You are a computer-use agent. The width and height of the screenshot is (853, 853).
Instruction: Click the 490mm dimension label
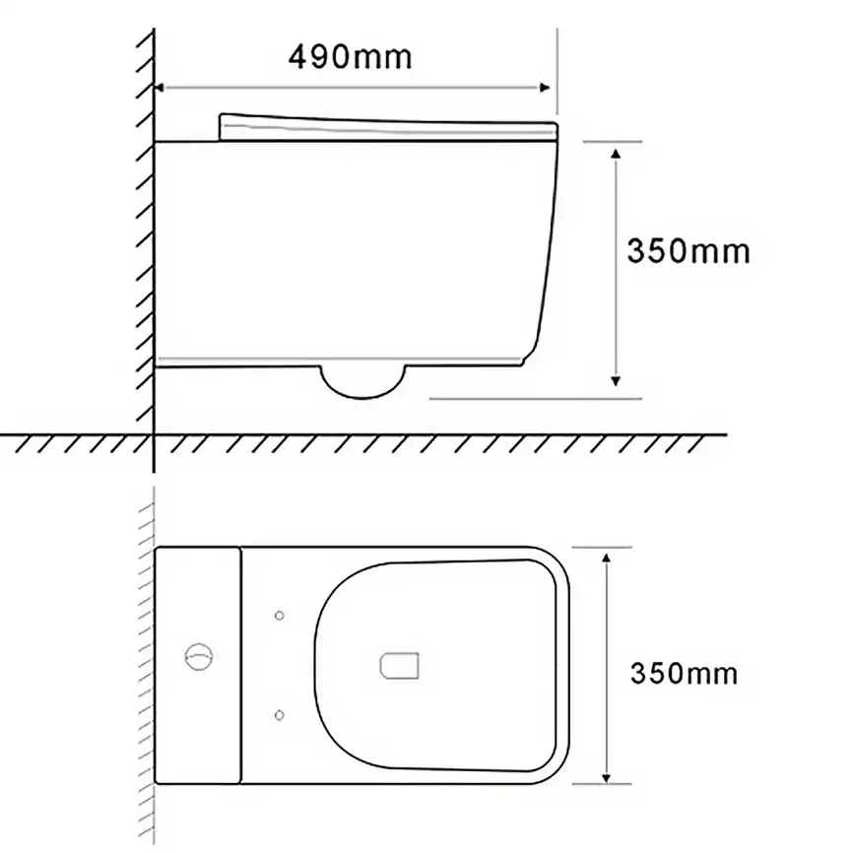(x=351, y=57)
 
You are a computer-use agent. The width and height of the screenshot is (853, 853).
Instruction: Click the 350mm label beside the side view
(x=689, y=251)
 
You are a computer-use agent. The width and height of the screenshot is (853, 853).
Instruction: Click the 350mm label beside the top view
(x=684, y=673)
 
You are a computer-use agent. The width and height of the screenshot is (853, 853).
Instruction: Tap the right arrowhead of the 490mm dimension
(x=544, y=88)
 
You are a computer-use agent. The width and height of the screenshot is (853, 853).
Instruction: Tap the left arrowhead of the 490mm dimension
(x=159, y=88)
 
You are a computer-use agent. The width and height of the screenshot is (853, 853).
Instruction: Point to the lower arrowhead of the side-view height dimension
(x=616, y=381)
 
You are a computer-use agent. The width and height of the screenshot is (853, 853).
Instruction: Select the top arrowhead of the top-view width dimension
(x=606, y=558)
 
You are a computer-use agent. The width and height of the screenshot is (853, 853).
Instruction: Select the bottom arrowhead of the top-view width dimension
(x=606, y=777)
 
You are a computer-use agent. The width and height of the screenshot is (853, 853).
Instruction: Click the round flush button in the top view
(x=199, y=657)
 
